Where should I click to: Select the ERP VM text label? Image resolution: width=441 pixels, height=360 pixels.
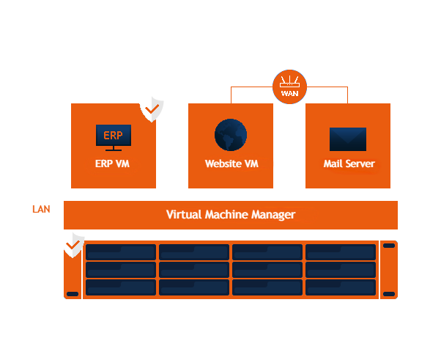113,164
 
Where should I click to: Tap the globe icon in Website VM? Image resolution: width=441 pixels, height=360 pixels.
231,135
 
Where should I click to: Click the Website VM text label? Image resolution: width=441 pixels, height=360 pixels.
231,164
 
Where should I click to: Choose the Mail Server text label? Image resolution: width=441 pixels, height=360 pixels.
349,164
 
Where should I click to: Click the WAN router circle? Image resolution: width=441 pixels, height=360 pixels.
289,87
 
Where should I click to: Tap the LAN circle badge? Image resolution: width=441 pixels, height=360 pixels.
41,210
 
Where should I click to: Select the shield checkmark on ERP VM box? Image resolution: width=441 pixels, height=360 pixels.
152,109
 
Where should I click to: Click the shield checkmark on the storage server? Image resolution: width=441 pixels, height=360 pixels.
73,245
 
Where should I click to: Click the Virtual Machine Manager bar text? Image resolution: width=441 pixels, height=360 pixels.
231,215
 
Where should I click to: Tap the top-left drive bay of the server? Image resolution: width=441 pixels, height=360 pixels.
121,252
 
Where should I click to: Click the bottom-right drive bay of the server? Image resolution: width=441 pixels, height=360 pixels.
340,287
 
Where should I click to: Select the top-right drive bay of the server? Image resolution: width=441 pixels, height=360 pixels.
340,252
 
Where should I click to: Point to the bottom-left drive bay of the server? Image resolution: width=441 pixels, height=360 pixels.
121,287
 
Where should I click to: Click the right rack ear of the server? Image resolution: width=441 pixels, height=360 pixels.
389,270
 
